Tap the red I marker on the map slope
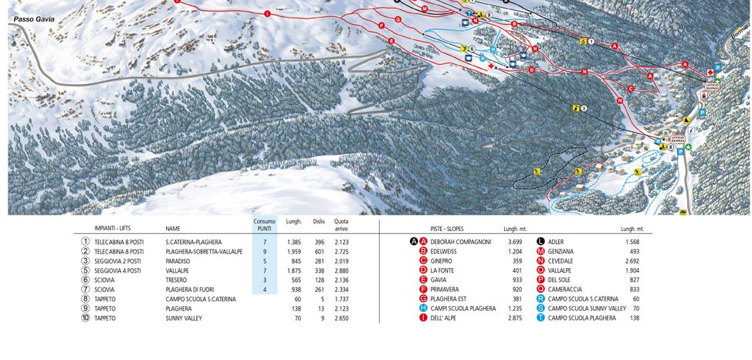[x=267, y=13]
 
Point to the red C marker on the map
[x=631, y=89]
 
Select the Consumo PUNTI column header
[x=264, y=225]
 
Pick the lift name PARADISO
[x=178, y=261]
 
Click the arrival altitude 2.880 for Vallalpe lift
[x=341, y=270]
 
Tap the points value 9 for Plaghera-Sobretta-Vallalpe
[x=264, y=252]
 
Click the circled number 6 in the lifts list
[x=86, y=280]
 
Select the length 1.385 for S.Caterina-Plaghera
[x=293, y=242]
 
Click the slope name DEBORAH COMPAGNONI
[x=461, y=242]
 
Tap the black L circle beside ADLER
[x=540, y=242]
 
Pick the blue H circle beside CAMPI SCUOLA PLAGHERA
[x=423, y=308]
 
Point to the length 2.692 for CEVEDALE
[x=632, y=261]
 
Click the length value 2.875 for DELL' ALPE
[x=515, y=318]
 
